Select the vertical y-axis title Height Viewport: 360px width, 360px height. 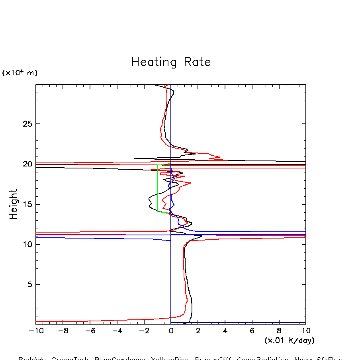coord(14,204)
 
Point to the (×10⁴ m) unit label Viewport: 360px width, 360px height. coord(20,73)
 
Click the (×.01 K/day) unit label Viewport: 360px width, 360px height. coord(289,340)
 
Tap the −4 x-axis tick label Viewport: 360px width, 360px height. coord(117,331)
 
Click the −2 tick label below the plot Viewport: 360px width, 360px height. coord(144,331)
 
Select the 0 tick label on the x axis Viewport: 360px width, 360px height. coord(171,331)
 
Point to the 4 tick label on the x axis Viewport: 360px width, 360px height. coord(225,331)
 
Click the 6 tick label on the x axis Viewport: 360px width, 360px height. coord(252,331)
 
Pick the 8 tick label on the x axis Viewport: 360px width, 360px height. coord(279,331)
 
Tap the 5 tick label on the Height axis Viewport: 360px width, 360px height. coord(28,285)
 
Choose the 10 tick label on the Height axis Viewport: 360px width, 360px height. coord(26,245)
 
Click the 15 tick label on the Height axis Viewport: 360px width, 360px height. coord(26,204)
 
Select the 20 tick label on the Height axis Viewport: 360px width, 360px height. coord(26,164)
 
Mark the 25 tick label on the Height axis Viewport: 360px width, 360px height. coord(26,124)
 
